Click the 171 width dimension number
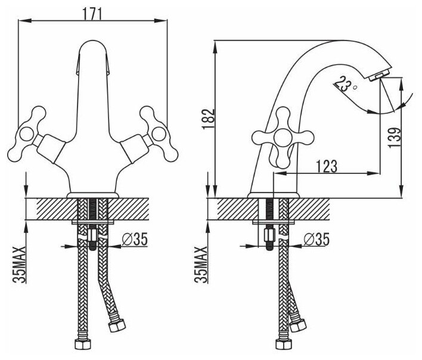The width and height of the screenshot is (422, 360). click(92, 10)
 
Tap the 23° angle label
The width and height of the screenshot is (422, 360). click(344, 84)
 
